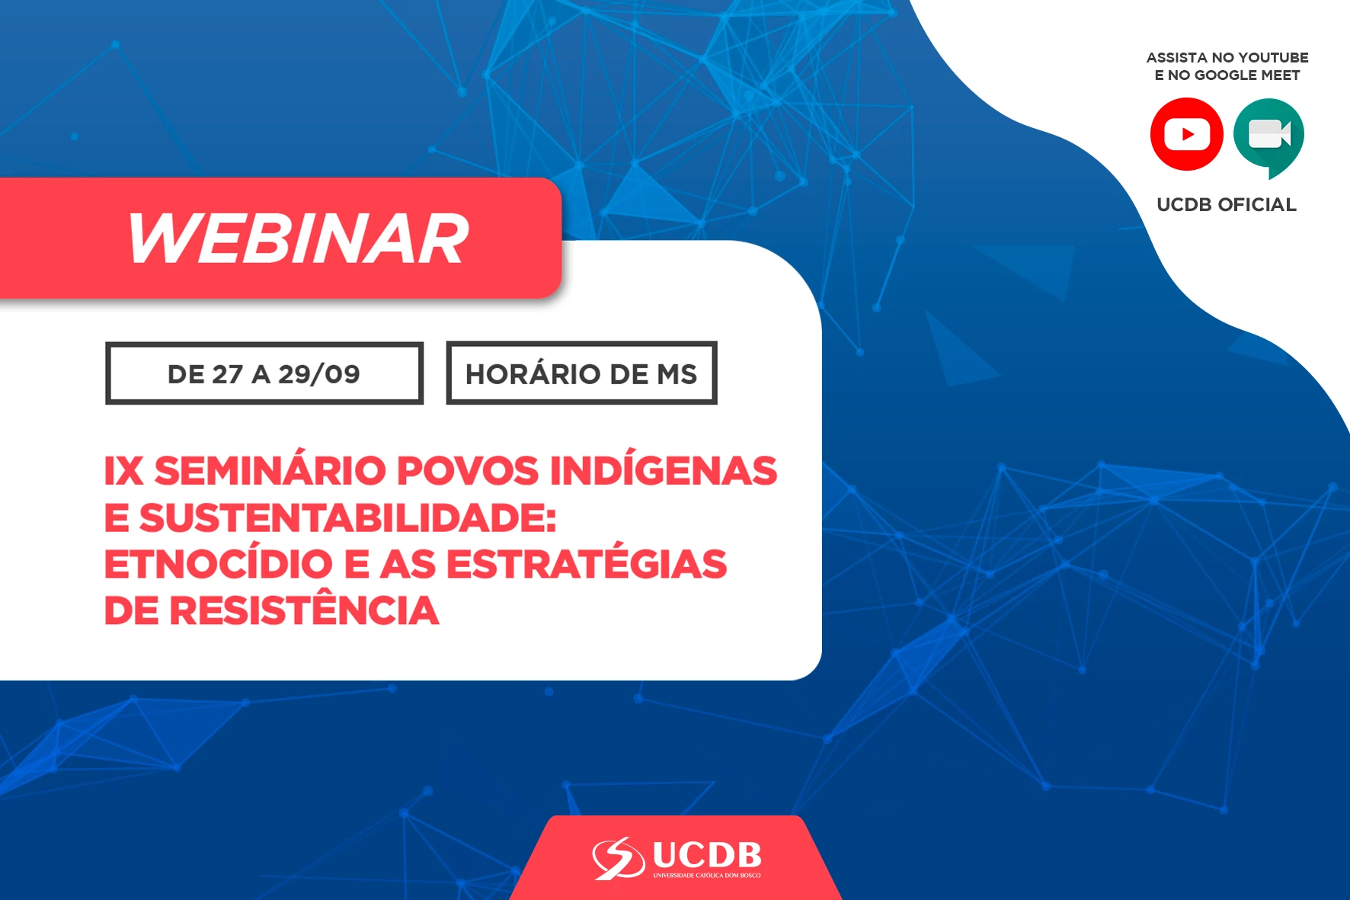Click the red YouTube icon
click(x=1186, y=134)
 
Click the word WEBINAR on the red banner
click(x=298, y=239)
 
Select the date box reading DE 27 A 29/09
click(x=264, y=373)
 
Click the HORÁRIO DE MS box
click(x=581, y=373)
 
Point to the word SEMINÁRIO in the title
click(x=270, y=470)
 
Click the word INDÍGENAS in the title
click(x=663, y=470)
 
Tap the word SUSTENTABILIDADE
click(x=347, y=518)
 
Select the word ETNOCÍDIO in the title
click(x=218, y=564)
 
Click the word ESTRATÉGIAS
click(x=587, y=564)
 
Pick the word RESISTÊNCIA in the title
click(x=304, y=610)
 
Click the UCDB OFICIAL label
click(x=1227, y=204)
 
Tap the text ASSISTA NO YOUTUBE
click(x=1227, y=57)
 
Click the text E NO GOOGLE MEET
click(x=1227, y=75)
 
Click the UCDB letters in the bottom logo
click(x=707, y=855)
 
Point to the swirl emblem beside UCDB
click(x=618, y=858)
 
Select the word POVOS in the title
click(x=469, y=470)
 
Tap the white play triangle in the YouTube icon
click(x=1188, y=135)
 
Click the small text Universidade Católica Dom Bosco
click(x=707, y=876)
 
